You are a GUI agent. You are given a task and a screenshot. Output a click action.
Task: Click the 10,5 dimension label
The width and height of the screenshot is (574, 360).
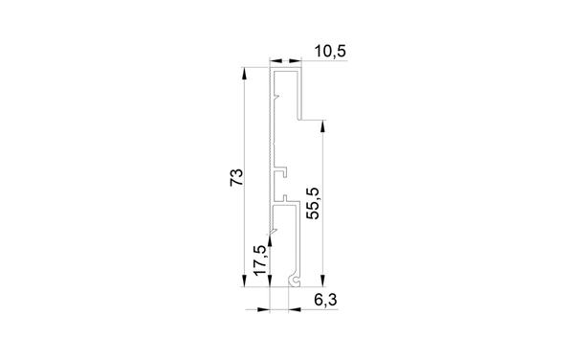pyautogui.click(x=330, y=52)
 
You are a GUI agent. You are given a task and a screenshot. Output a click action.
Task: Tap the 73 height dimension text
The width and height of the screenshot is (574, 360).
pyautogui.click(x=236, y=177)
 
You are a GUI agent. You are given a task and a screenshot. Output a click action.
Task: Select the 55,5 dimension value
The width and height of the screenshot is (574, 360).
pyautogui.click(x=314, y=203)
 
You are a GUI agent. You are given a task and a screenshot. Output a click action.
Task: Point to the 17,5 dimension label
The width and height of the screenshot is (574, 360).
pyautogui.click(x=260, y=260)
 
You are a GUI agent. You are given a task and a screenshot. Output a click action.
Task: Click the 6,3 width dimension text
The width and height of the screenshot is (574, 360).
pyautogui.click(x=325, y=301)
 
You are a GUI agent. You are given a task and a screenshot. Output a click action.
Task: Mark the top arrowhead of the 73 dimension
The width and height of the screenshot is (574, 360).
pyautogui.click(x=244, y=74)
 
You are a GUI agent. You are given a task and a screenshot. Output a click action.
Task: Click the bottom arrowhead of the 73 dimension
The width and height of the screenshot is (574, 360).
pyautogui.click(x=244, y=281)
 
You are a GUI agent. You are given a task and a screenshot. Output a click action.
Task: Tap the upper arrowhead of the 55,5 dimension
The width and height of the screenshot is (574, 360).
pyautogui.click(x=322, y=125)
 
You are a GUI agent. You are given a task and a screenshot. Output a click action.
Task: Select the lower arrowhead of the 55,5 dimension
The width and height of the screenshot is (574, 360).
pyautogui.click(x=322, y=281)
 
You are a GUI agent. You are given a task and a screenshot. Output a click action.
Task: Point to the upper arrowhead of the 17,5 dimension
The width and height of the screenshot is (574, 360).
pyautogui.click(x=270, y=240)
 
